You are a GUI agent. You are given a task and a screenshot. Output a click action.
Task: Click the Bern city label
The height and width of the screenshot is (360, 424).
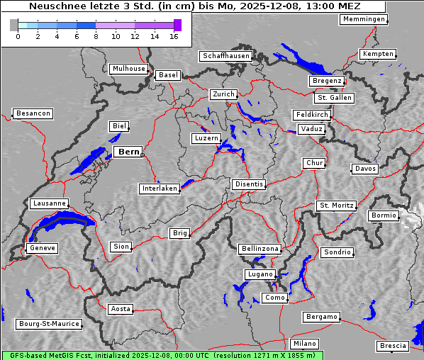click(128, 152)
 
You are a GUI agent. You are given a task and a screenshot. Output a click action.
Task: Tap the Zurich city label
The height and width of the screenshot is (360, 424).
click(223, 94)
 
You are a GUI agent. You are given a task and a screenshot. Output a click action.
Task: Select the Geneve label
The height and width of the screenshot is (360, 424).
click(41, 248)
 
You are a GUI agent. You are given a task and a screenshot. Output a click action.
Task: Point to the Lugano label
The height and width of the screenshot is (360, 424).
click(259, 274)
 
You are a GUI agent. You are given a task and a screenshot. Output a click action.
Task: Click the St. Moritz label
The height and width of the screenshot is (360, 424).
click(336, 206)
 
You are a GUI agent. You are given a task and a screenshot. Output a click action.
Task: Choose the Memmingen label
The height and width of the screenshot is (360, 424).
click(363, 19)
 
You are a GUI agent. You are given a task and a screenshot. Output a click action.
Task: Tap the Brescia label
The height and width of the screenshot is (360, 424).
click(393, 346)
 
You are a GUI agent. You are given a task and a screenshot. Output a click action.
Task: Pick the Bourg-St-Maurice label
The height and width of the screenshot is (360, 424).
click(48, 324)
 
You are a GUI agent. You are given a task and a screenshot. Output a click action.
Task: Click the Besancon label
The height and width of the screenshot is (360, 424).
click(33, 113)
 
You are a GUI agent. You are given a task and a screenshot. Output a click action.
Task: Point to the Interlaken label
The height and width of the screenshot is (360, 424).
click(159, 189)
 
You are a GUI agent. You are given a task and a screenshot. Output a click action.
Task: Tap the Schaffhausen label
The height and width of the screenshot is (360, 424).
click(225, 56)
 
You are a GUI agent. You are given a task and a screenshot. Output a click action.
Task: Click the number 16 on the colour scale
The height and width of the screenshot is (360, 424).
click(174, 35)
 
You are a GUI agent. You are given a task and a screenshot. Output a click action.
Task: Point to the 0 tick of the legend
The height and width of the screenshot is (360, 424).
click(18, 35)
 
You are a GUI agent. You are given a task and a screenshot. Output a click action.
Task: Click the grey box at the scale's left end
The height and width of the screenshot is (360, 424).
click(14, 26)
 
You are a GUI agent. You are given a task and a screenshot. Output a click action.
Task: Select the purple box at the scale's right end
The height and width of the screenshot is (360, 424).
click(177, 26)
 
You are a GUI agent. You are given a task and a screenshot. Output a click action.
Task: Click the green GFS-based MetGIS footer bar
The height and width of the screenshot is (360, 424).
click(162, 355)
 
